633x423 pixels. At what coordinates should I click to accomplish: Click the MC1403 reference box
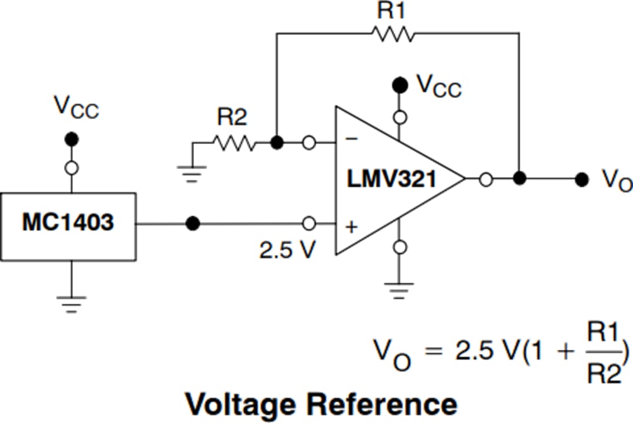(68, 224)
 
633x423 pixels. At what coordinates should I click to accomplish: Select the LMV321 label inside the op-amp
(392, 179)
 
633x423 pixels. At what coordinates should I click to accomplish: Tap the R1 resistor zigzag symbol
(393, 34)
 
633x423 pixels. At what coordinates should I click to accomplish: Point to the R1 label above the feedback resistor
(392, 12)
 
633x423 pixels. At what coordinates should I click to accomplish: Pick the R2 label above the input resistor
(232, 117)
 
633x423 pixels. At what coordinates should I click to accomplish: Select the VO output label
(615, 181)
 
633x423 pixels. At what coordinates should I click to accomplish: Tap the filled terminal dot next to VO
(581, 180)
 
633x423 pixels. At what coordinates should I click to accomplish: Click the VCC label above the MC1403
(76, 107)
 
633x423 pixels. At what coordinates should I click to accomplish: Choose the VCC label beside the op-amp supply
(439, 86)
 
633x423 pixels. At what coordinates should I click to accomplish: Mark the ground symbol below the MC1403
(72, 304)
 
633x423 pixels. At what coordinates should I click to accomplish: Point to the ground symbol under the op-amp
(399, 290)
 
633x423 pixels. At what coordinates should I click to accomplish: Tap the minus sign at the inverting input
(352, 140)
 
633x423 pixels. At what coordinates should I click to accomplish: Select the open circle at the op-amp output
(485, 180)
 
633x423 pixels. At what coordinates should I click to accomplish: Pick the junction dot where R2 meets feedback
(277, 142)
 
